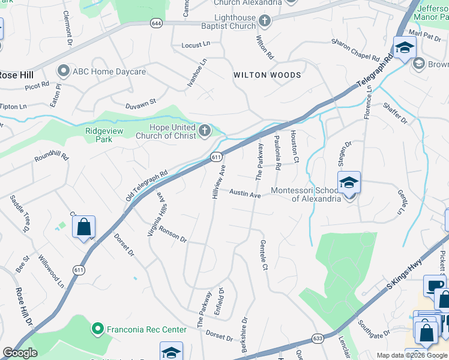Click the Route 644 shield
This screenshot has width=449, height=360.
point(157,23)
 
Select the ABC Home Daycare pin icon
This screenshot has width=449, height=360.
point(63,71)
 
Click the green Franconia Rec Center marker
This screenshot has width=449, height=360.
point(96,329)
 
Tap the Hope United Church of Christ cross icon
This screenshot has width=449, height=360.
point(205,131)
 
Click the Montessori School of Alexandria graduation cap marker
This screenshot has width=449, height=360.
point(349,184)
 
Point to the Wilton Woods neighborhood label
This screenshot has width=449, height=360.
point(267,75)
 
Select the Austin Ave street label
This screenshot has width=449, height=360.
point(245,194)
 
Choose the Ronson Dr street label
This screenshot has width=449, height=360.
point(173,234)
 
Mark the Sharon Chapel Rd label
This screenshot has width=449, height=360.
point(356,51)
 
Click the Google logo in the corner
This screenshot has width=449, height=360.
point(20,353)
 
